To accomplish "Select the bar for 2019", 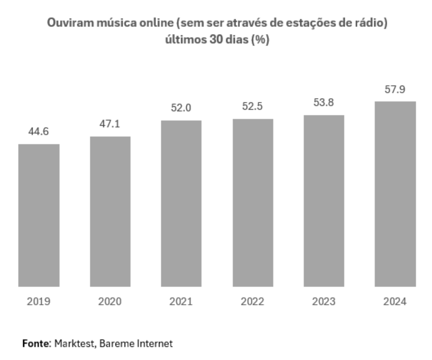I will [x=39, y=215].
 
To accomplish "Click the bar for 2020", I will [x=110, y=212].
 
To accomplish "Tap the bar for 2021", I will [x=181, y=204].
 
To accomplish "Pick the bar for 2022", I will [x=253, y=203].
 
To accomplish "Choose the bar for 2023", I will [x=324, y=201].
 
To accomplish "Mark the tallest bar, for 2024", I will [x=395, y=194].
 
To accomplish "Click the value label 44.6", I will [x=39, y=132].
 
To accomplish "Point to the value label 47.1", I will [x=110, y=124].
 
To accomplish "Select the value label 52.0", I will [x=181, y=108].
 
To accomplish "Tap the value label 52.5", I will [x=253, y=106].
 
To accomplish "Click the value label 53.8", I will [x=324, y=103].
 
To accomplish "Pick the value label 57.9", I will [x=395, y=90].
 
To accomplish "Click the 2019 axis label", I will [x=39, y=302].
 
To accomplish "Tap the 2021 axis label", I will [x=181, y=302].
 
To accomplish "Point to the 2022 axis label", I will [x=253, y=302].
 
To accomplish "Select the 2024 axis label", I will [x=395, y=302].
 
